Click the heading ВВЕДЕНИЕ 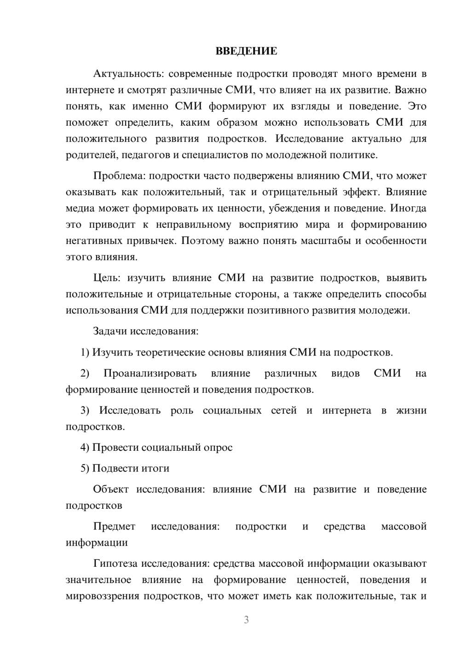[x=246, y=51]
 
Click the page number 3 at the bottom [x=246, y=620]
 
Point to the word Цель [x=106, y=278]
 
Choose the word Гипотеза [x=115, y=564]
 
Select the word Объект [x=110, y=489]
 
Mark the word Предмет [x=114, y=526]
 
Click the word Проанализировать [x=150, y=373]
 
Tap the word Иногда [x=408, y=208]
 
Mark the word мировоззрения [x=102, y=596]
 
